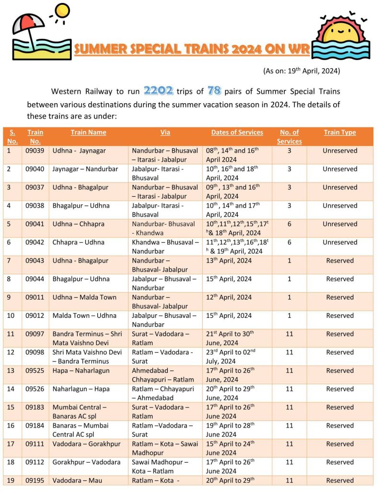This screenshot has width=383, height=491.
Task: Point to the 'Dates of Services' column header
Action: [237, 132]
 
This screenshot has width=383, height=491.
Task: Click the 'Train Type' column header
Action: [340, 132]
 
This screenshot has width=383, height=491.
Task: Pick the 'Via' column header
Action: [165, 132]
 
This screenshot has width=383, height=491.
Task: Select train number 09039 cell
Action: [35, 151]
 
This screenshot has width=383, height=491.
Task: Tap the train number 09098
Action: [35, 352]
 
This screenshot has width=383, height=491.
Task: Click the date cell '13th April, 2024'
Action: [229, 261]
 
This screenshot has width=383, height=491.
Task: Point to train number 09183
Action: [35, 407]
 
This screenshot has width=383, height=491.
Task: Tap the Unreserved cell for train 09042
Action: [340, 242]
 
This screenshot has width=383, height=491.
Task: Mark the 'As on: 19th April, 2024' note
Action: [302, 71]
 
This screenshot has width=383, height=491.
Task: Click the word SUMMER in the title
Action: [101, 49]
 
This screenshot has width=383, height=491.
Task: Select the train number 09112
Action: [35, 462]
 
